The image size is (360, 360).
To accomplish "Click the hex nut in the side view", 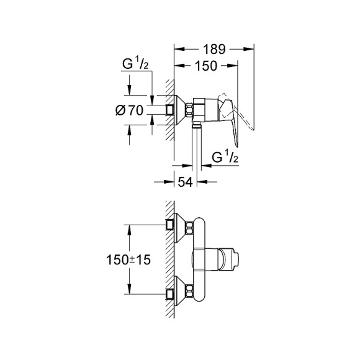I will pyautogui.click(x=189, y=110).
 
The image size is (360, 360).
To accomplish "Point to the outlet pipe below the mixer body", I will pyautogui.click(x=197, y=143).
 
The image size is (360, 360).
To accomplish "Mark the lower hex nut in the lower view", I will pyautogui.click(x=189, y=290).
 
